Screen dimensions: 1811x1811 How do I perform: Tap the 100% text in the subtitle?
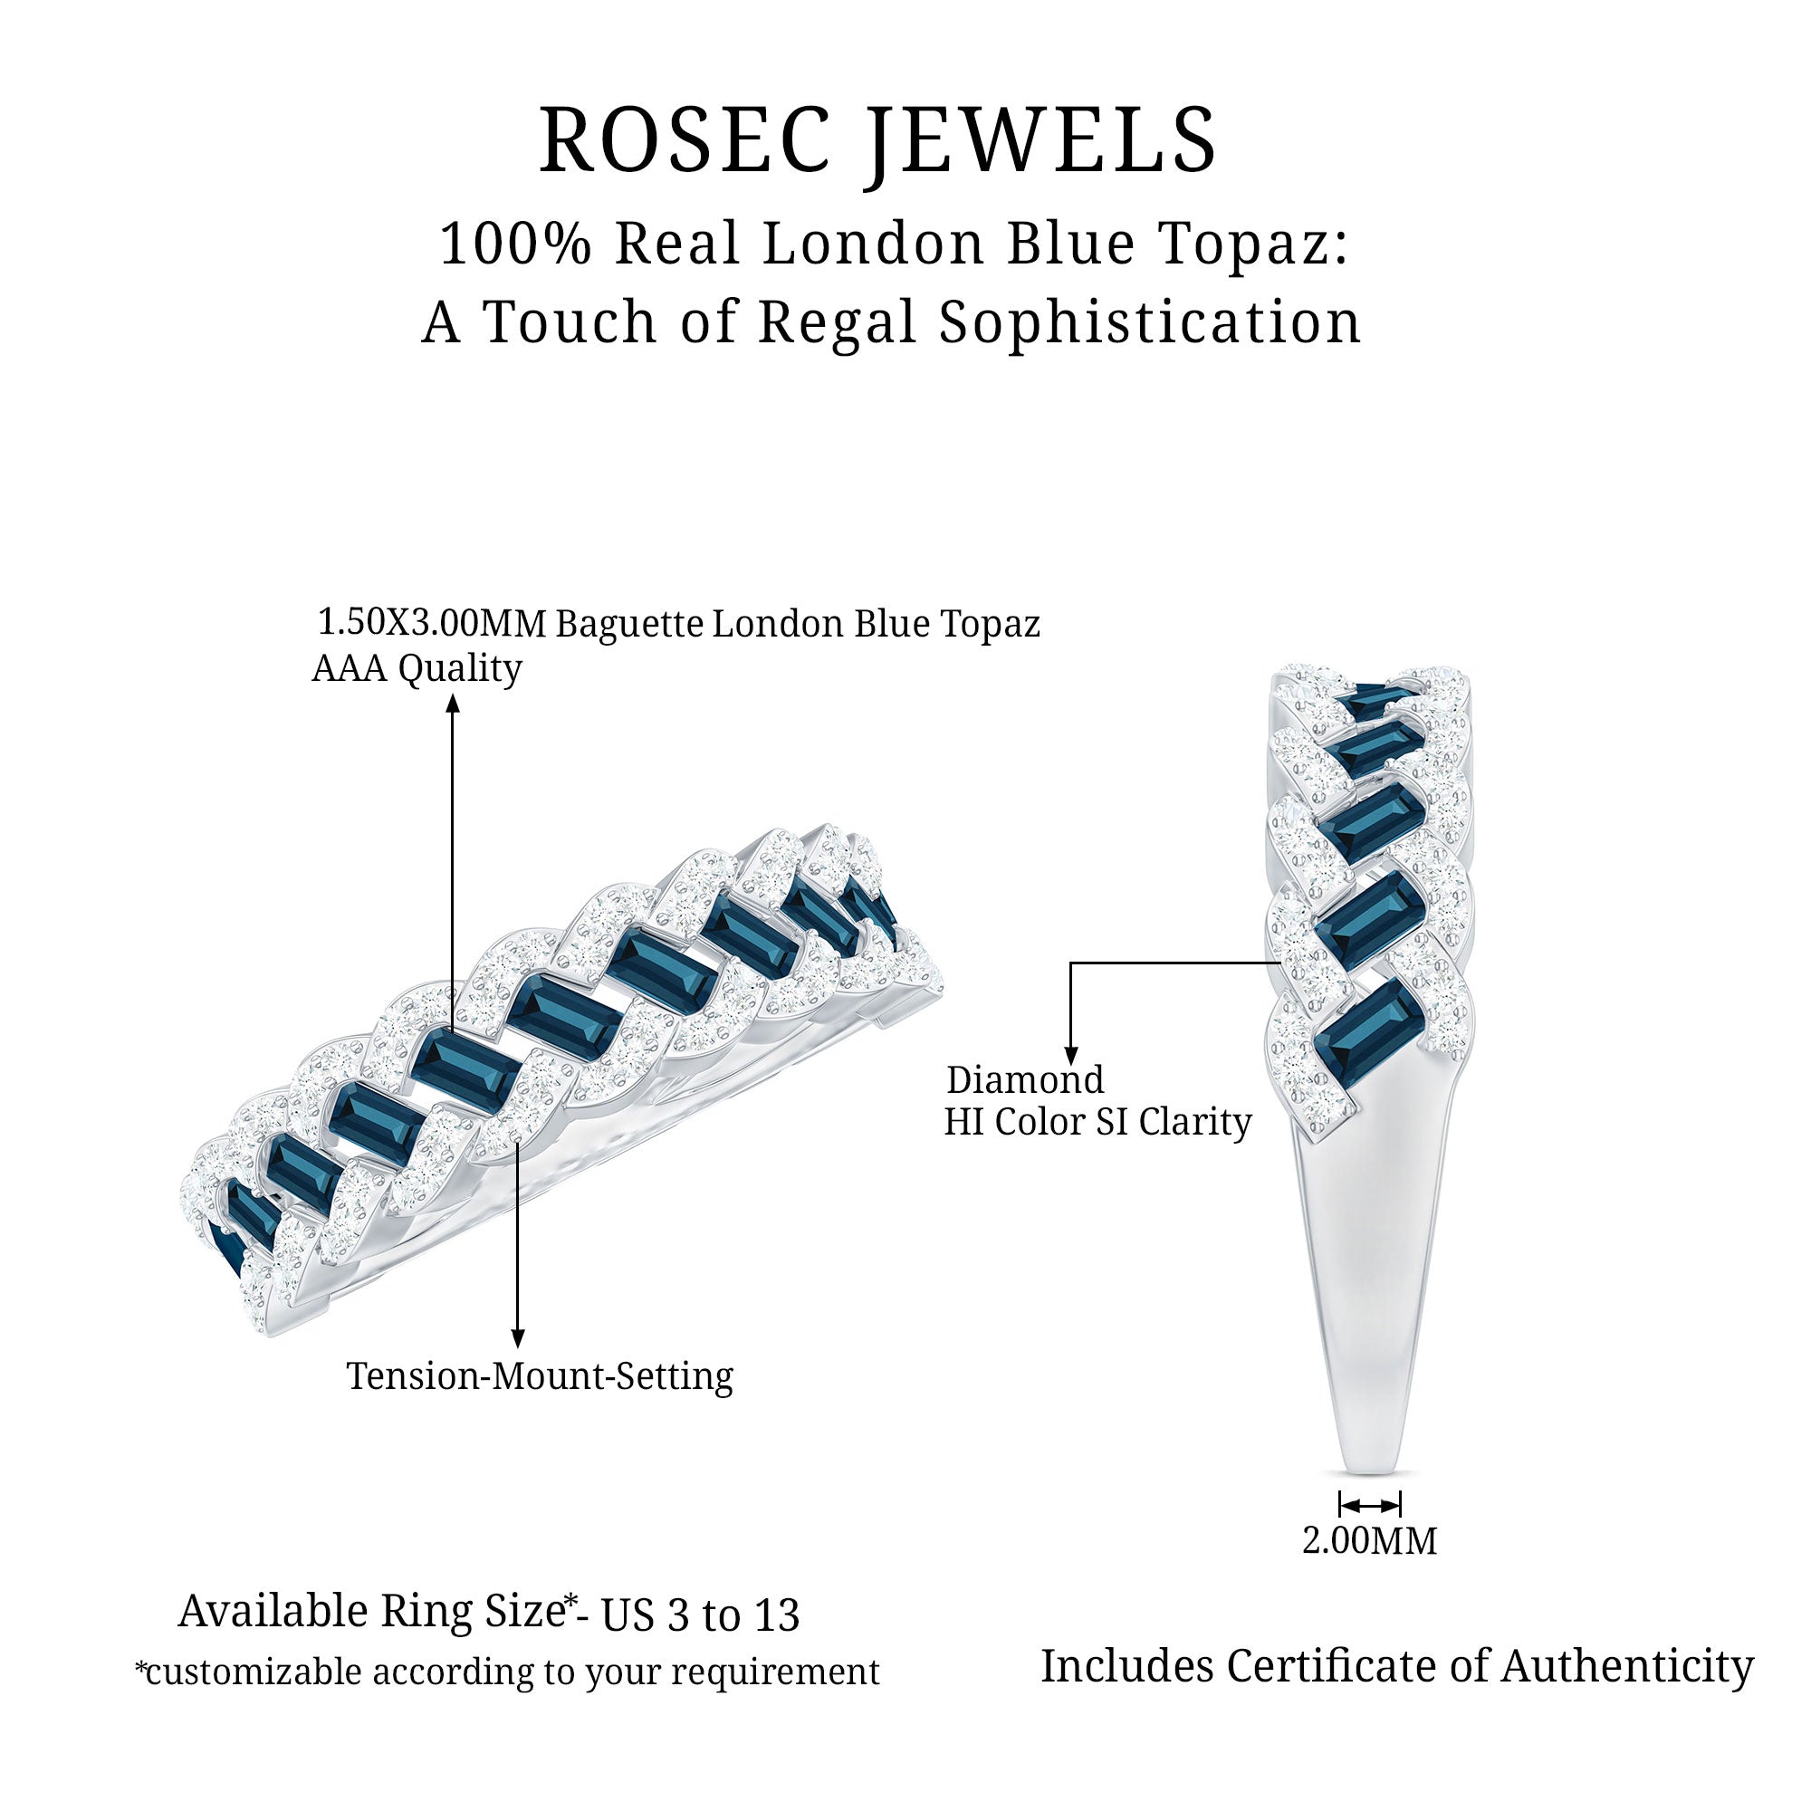(515, 244)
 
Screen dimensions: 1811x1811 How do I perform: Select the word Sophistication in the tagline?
(1150, 322)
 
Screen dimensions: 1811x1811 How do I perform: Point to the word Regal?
(836, 322)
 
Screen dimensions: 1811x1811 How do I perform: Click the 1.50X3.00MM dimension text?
(431, 622)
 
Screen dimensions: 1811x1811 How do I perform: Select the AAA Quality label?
(417, 668)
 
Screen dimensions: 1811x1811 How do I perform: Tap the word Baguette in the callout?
(630, 624)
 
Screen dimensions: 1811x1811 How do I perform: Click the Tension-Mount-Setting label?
(540, 1376)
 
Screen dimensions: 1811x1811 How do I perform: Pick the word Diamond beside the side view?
(1024, 1080)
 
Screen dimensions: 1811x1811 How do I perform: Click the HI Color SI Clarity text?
(1097, 1122)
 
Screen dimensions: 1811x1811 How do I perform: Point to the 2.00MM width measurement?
(1369, 1540)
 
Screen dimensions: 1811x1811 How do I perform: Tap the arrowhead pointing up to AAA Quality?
(453, 703)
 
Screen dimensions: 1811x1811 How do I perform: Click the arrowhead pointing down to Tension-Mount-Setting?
(517, 1339)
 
